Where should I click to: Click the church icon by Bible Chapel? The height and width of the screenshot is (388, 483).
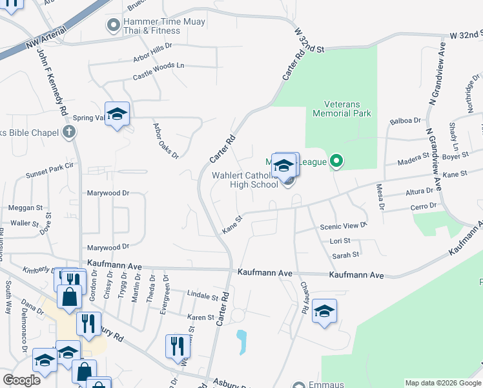click(70, 133)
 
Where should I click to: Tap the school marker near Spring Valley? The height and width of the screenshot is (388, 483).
click(117, 114)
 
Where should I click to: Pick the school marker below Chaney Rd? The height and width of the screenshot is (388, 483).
click(324, 312)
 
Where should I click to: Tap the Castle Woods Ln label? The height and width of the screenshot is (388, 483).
click(159, 71)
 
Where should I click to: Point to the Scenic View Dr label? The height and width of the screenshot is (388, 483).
click(344, 226)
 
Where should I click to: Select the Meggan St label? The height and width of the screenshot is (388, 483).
click(25, 208)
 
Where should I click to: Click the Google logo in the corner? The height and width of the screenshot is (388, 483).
click(21, 380)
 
